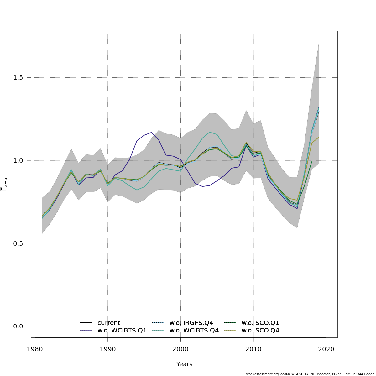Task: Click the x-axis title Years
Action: pos(184,364)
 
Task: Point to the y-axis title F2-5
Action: pos(4,184)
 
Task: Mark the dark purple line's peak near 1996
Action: pos(151,132)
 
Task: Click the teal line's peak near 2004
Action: pos(210,132)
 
